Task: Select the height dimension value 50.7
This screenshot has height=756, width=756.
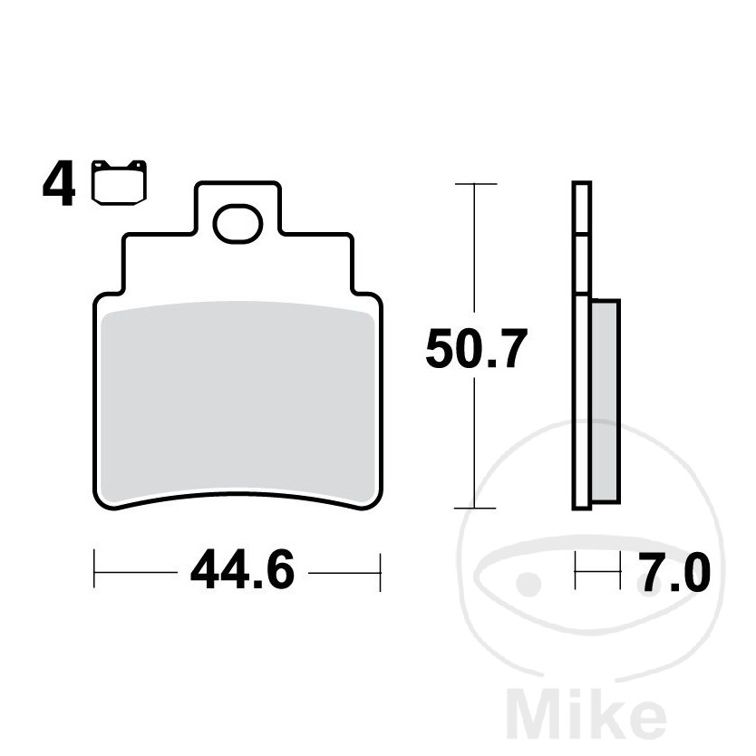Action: click(x=475, y=351)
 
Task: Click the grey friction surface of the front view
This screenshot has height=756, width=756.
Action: click(x=237, y=403)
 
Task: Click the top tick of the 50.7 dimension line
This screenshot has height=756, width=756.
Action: click(x=475, y=184)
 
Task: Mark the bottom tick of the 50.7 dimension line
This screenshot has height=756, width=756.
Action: click(x=475, y=509)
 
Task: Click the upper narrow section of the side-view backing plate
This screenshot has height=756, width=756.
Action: click(x=581, y=236)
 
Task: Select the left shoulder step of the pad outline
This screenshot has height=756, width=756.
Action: click(x=125, y=263)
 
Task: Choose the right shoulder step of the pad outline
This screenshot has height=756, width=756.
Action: click(x=350, y=263)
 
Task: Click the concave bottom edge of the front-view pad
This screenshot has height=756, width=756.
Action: click(x=237, y=497)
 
